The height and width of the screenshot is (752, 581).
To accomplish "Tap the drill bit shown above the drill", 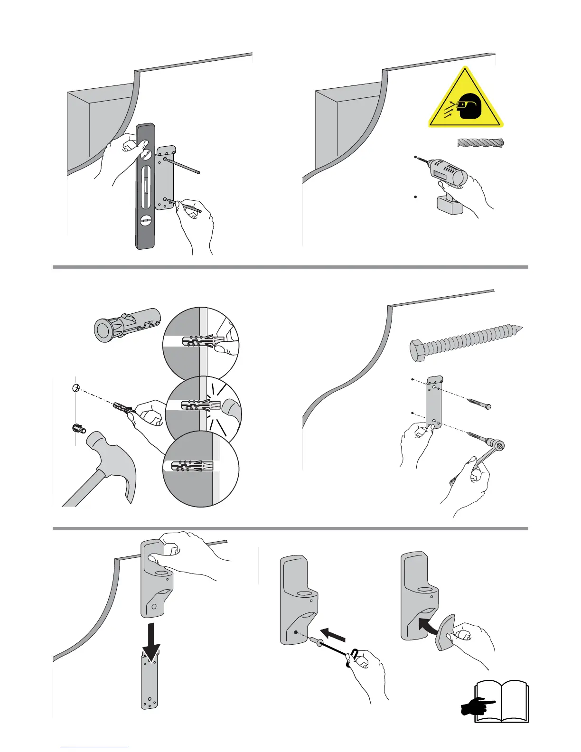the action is [x=481, y=142].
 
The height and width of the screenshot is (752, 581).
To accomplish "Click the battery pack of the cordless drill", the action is [x=450, y=205].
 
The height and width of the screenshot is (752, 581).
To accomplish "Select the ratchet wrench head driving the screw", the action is [x=499, y=445].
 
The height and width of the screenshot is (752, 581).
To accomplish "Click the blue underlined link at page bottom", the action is [x=94, y=747].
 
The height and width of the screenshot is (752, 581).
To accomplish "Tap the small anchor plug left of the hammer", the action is [x=78, y=429].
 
